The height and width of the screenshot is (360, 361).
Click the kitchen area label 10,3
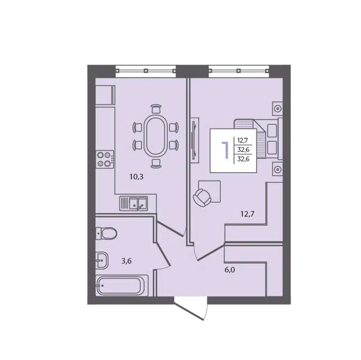coord(136,177)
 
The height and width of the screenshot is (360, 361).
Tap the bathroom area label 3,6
coord(126,261)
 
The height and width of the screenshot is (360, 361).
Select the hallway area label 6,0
coord(230,270)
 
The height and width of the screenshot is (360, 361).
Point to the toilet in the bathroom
coord(106,233)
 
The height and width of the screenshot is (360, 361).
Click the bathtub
coord(122,286)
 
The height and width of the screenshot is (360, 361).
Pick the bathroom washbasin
coord(101,260)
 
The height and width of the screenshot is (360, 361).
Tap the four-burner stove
coord(105,159)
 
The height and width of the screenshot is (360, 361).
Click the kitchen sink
coord(133,204)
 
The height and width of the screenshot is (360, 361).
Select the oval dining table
coord(155,136)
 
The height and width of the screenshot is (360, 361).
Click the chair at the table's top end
coord(156,109)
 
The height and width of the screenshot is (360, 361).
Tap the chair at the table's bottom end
coord(156,163)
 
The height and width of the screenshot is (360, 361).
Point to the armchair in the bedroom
coord(202,197)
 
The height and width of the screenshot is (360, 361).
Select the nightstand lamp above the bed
coord(278,109)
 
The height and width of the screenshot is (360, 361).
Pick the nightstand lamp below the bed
coord(278,169)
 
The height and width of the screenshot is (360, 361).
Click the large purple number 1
coord(225,150)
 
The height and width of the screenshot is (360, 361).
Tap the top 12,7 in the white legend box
coord(243,140)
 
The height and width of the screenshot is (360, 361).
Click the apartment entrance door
coord(191,308)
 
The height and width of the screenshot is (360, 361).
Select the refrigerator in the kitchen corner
coord(105,94)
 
